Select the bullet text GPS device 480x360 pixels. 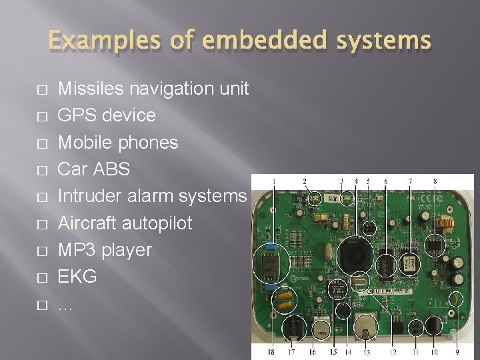pos(107,115)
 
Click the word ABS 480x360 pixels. pos(112,169)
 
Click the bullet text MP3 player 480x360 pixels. pos(105,250)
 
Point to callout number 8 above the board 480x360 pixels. pos(435,181)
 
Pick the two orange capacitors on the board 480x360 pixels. pos(285,301)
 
